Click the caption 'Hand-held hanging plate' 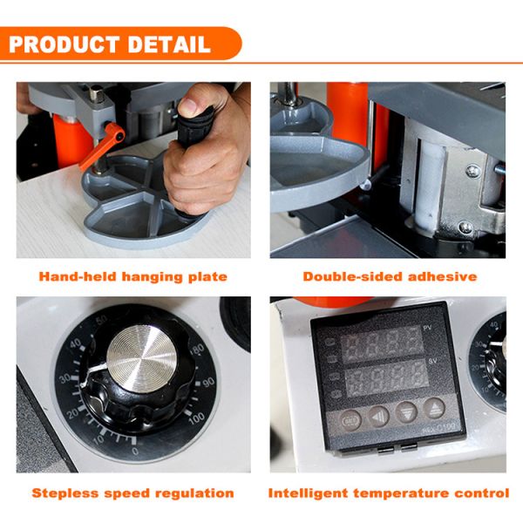tap(133, 276)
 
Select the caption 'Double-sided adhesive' tap(390, 276)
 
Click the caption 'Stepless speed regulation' tap(133, 492)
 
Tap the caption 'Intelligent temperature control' tap(389, 492)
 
